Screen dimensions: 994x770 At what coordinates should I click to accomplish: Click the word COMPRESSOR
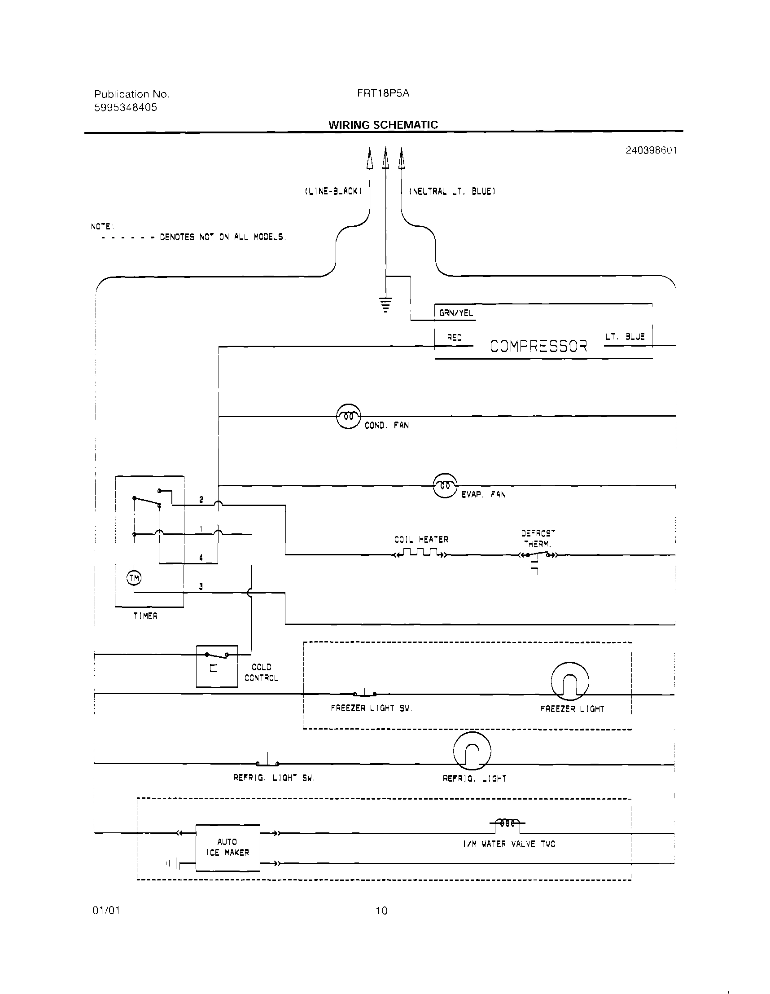click(538, 346)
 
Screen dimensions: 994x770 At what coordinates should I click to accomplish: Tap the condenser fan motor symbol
click(348, 416)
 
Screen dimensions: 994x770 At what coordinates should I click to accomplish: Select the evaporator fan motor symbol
click(445, 486)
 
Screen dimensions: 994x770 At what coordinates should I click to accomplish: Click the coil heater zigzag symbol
click(421, 553)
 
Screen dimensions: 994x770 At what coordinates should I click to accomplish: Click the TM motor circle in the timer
click(134, 578)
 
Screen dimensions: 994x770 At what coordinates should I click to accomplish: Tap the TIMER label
click(145, 616)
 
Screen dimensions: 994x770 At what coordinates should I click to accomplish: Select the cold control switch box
click(217, 666)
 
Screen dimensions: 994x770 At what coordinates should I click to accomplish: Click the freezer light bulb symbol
click(570, 682)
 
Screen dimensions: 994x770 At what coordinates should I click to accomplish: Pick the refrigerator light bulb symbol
click(472, 751)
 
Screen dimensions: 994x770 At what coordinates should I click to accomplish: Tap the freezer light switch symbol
click(365, 693)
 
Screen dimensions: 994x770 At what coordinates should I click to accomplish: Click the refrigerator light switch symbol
click(267, 762)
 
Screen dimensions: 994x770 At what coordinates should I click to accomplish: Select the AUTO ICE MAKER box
click(227, 848)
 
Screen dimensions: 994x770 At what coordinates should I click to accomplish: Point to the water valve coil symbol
click(507, 823)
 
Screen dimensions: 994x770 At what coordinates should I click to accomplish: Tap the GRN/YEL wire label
click(456, 313)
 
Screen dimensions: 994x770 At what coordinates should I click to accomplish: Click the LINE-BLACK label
click(333, 191)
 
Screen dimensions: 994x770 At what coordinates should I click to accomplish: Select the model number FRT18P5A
click(383, 93)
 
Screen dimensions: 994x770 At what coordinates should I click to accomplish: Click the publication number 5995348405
click(126, 107)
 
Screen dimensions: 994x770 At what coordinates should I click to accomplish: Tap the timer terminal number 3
click(201, 587)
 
